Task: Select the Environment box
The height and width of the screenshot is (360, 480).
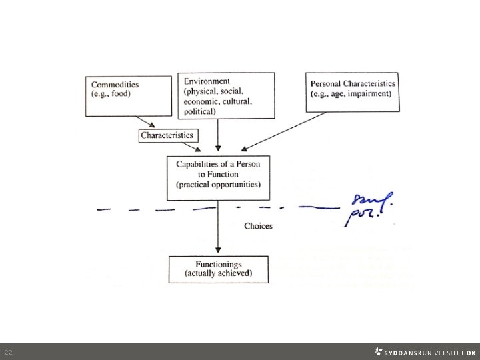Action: click(226, 95)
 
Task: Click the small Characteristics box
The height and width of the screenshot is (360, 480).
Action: click(167, 135)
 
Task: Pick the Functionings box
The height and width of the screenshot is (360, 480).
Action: click(219, 269)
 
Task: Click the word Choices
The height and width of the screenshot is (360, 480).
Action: click(258, 226)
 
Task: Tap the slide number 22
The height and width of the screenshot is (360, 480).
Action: click(8, 352)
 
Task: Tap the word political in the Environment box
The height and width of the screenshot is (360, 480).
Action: click(200, 111)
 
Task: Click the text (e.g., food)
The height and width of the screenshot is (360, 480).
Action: click(111, 94)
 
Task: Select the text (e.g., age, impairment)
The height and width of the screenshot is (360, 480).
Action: click(353, 94)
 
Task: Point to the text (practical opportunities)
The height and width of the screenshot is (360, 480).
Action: click(219, 185)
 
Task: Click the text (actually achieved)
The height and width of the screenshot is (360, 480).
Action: click(219, 273)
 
